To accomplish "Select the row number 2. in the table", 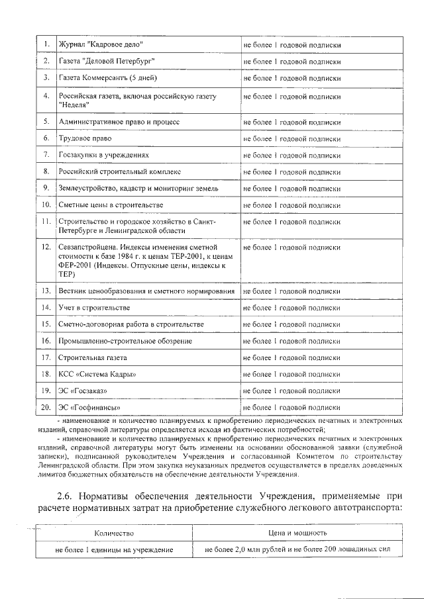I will click(x=46, y=61).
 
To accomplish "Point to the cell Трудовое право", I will click(x=85, y=139).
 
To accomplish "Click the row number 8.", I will click(x=46, y=171).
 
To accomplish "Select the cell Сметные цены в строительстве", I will click(x=111, y=205).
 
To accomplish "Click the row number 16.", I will click(x=46, y=341).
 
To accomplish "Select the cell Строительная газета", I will click(x=93, y=357).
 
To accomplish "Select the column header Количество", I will click(x=115, y=533).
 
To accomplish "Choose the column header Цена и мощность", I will click(x=293, y=533).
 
